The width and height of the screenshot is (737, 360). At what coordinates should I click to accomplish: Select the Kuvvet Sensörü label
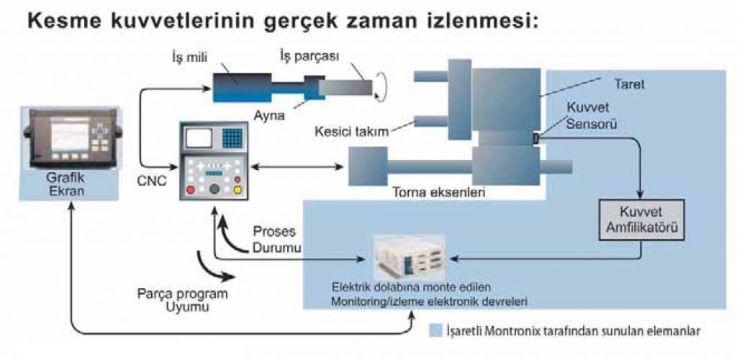[x=587, y=117]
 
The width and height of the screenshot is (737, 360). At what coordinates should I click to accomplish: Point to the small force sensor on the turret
[x=536, y=137]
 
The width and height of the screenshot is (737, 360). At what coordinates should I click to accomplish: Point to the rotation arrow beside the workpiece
[x=384, y=87]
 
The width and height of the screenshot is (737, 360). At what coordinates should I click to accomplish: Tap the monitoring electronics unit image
[x=408, y=255]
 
